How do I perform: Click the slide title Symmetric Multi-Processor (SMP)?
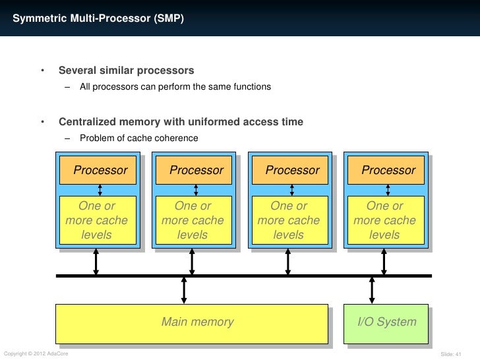[x=98, y=18]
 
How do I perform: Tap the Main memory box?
[x=192, y=324]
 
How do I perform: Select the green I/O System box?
[x=386, y=324]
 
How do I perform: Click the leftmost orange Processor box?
[x=98, y=170]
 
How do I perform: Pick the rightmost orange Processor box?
[x=386, y=170]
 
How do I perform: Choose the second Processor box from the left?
[x=194, y=170]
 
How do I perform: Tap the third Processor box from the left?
[x=290, y=170]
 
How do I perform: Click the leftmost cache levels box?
[x=98, y=220]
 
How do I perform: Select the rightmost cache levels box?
[x=386, y=220]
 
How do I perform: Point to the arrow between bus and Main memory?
[x=184, y=290]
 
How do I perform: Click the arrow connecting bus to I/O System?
[x=372, y=290]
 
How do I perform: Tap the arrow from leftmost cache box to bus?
[x=96, y=261]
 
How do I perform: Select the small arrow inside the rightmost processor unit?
[x=388, y=190]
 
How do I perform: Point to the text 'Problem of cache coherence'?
[x=139, y=138]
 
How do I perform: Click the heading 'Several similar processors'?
[x=127, y=71]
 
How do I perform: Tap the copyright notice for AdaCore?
[x=36, y=353]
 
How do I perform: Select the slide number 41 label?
[x=451, y=354]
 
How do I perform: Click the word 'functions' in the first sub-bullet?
[x=253, y=86]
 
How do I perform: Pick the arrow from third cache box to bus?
[x=287, y=261]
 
